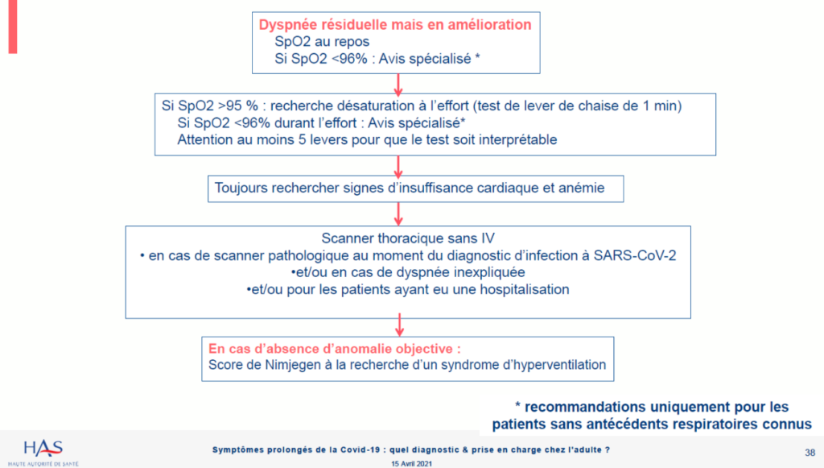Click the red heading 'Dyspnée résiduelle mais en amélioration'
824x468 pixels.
click(x=394, y=25)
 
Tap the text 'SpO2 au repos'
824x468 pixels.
click(x=322, y=42)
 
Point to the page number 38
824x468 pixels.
click(x=810, y=453)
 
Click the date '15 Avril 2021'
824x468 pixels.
click(x=411, y=464)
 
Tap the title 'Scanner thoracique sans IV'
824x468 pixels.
click(x=408, y=238)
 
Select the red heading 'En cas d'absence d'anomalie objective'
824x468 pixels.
click(x=334, y=349)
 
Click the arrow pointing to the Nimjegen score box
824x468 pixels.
click(x=399, y=325)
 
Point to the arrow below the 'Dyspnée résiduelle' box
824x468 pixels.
click(x=398, y=85)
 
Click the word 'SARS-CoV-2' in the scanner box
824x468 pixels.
click(x=635, y=255)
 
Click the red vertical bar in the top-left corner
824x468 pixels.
click(x=13, y=27)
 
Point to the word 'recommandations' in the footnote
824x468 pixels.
click(x=586, y=407)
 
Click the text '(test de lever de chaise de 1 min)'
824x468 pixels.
click(x=578, y=106)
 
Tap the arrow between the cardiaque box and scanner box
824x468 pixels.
click(x=398, y=214)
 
